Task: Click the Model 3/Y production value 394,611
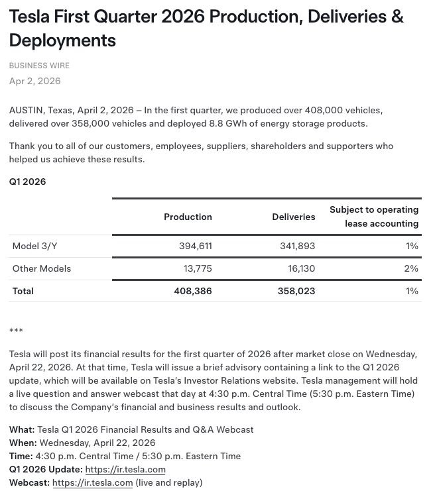click(196, 246)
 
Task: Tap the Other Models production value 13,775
click(198, 268)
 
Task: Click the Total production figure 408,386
click(193, 291)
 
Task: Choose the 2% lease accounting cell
click(411, 268)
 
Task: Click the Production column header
click(188, 217)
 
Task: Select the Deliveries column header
click(294, 217)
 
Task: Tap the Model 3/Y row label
click(35, 246)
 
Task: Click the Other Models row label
click(42, 268)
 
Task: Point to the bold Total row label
click(23, 291)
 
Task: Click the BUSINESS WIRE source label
click(39, 66)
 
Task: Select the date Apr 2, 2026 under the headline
click(34, 81)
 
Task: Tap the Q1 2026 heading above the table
click(27, 182)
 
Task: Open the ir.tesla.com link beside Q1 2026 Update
click(125, 469)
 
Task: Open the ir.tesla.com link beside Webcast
click(93, 482)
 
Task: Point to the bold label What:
click(22, 429)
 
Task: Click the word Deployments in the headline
click(62, 40)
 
